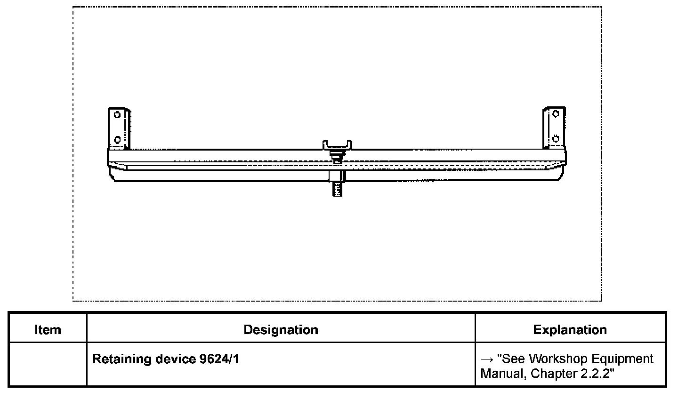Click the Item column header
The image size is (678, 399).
48,330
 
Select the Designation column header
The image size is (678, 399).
281,330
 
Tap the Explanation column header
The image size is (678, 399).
570,330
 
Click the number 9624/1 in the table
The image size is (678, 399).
219,359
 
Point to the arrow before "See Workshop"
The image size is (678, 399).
487,359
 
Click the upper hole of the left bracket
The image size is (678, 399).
117,114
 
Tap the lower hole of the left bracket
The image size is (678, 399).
117,140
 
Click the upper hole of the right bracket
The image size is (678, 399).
556,114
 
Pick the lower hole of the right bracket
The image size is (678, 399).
556,138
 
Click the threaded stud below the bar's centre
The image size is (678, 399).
337,189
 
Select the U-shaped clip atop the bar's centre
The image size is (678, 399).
337,144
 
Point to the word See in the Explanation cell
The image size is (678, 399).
512,359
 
